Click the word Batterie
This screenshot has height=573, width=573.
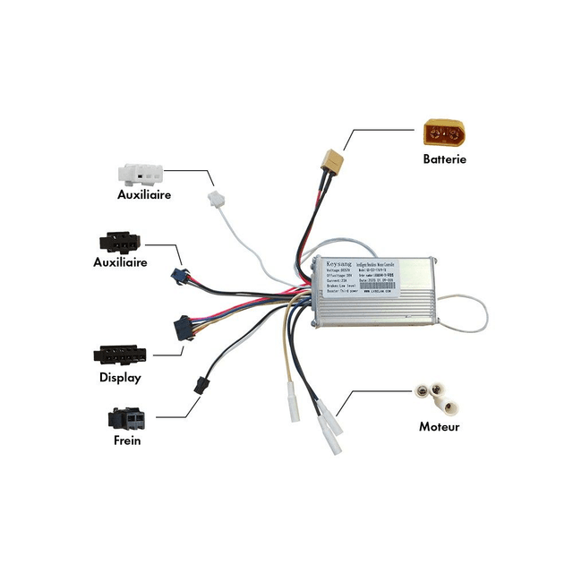point(445,159)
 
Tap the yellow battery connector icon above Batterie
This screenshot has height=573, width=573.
point(444,135)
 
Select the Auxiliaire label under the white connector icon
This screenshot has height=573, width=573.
point(144,194)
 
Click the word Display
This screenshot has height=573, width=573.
point(120,377)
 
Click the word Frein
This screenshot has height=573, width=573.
point(127,440)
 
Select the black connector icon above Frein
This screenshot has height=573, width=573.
point(127,418)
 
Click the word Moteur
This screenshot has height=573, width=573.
point(440,427)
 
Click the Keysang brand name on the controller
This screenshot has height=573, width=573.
point(333,265)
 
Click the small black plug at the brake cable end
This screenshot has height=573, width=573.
point(199,386)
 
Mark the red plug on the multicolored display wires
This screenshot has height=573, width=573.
point(184,328)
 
